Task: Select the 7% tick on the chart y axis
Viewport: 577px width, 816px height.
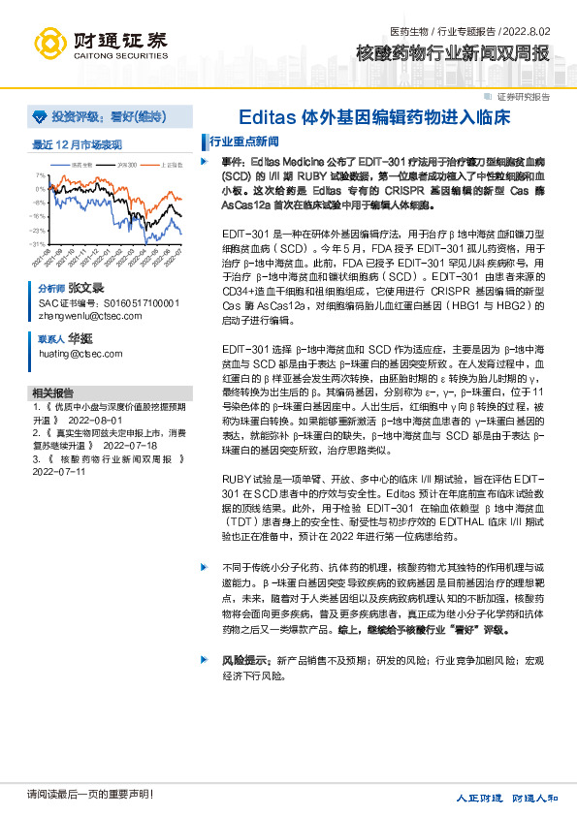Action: click(40, 175)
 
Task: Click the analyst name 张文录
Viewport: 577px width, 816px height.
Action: click(84, 289)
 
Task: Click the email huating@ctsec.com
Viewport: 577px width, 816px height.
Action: click(73, 356)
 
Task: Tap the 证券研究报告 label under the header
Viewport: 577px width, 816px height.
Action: click(523, 97)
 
